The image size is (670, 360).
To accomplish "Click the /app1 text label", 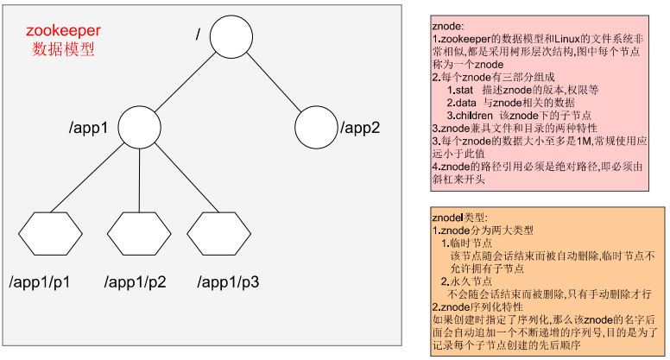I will (x=88, y=129).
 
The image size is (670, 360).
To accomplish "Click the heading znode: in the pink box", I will (x=448, y=27).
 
